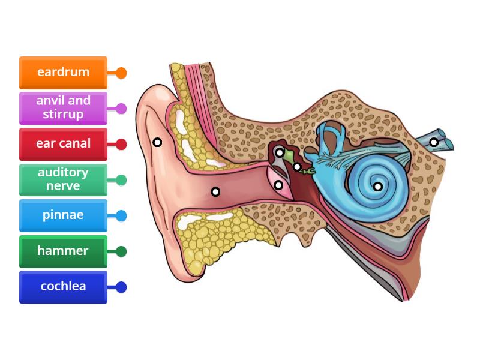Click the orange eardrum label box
point(63,73)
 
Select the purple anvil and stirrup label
point(63,108)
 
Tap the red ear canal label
point(63,144)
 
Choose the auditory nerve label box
point(63,179)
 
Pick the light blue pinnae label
point(63,215)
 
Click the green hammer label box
point(63,251)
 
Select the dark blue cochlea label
point(63,287)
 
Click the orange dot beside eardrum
point(121,73)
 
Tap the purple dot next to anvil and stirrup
point(121,109)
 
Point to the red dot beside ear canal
point(121,144)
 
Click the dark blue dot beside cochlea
point(121,287)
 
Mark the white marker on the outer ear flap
point(157,142)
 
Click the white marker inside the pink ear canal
point(215,192)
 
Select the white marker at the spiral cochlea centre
point(378,187)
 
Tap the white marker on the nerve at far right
point(434,142)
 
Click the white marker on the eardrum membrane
point(279,185)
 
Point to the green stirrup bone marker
point(298,167)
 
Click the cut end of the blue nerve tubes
point(448,141)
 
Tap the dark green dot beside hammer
point(121,251)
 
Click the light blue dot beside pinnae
point(121,216)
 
